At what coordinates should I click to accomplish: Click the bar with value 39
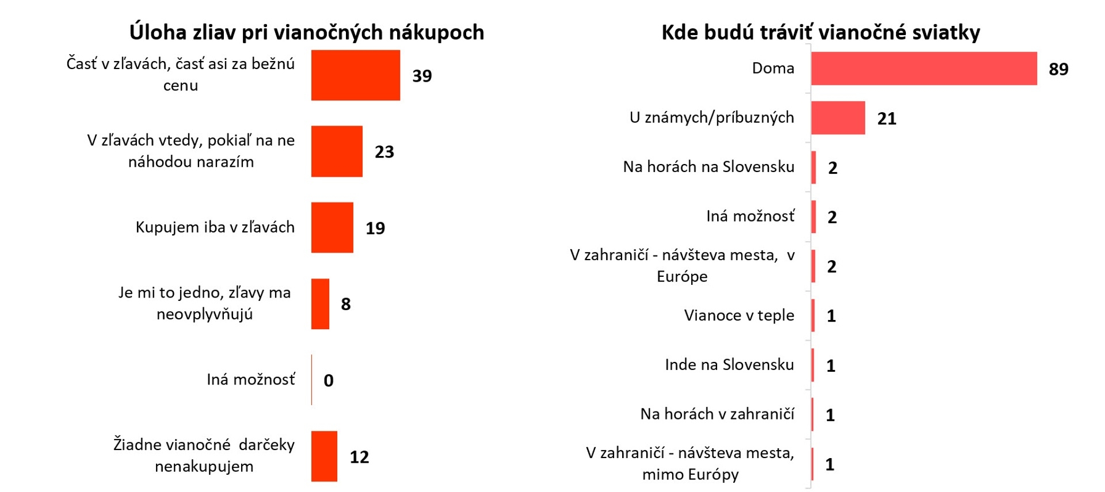(x=355, y=75)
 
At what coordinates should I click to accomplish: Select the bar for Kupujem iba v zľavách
(x=332, y=227)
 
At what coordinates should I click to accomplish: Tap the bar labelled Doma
(x=924, y=68)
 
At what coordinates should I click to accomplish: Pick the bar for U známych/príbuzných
(x=838, y=118)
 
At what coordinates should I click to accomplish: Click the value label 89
(x=1058, y=69)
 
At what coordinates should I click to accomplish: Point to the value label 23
(x=384, y=152)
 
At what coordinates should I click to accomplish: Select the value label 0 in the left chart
(x=329, y=380)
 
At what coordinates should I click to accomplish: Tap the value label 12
(x=359, y=457)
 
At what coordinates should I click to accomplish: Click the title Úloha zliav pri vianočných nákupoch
(x=307, y=32)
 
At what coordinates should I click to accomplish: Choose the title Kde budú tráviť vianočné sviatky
(x=821, y=32)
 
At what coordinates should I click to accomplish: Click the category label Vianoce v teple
(x=739, y=315)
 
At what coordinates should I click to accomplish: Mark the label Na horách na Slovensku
(x=708, y=167)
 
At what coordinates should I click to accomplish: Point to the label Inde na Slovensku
(x=729, y=365)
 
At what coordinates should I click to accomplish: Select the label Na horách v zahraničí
(x=717, y=414)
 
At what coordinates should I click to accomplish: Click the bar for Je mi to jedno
(x=320, y=304)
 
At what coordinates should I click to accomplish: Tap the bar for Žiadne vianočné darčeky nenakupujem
(x=324, y=456)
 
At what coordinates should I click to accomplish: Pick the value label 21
(x=886, y=119)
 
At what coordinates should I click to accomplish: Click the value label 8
(x=346, y=304)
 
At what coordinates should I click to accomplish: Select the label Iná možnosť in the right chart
(x=750, y=216)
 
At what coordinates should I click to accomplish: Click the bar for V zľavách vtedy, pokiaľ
(x=337, y=151)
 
